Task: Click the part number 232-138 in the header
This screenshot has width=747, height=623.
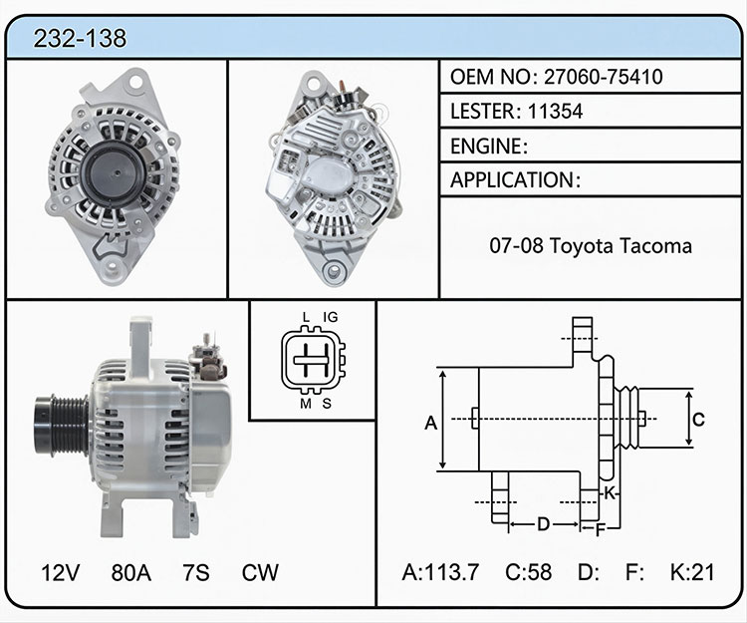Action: point(80,38)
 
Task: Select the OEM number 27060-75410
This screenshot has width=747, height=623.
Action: point(604,77)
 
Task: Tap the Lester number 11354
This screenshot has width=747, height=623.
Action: point(555,112)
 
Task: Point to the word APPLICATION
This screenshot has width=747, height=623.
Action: point(512,180)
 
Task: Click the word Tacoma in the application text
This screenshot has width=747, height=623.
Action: point(656,246)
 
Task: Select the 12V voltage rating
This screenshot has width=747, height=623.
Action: point(60,572)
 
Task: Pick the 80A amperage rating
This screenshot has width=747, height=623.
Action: point(131,572)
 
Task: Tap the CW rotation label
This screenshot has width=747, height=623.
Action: point(260,572)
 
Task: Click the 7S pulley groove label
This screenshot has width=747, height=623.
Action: point(196,572)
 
